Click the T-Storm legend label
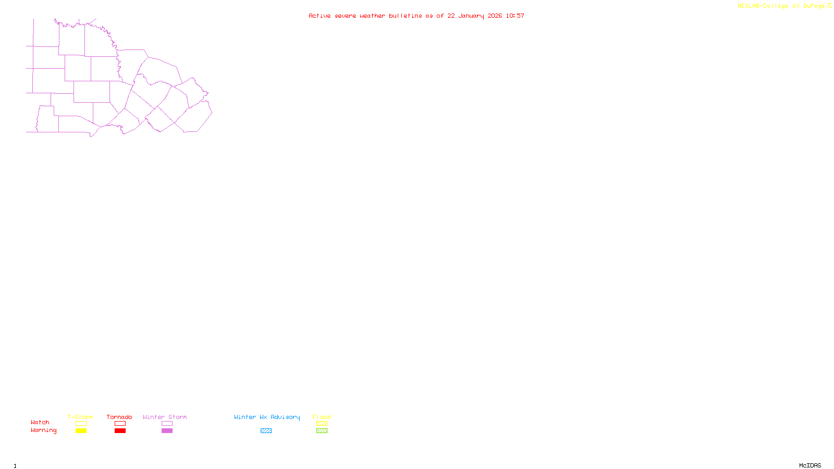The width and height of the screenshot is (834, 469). [x=80, y=417]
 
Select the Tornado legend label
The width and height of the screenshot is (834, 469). [x=119, y=417]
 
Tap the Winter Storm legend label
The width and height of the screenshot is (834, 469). [x=165, y=417]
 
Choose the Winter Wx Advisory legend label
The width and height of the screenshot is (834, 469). [x=267, y=417]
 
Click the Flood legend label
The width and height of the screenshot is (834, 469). [x=322, y=417]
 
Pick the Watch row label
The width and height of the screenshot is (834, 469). [x=40, y=422]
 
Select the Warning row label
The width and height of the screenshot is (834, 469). [x=43, y=430]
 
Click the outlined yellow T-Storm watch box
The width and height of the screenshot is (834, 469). [x=81, y=424]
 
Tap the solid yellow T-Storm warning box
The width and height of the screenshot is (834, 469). [x=81, y=431]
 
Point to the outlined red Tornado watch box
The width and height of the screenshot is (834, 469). [x=120, y=424]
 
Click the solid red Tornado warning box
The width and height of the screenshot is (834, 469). [x=120, y=431]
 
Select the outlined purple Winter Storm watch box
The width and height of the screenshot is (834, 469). [x=167, y=424]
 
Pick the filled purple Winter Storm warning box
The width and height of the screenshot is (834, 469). [x=167, y=431]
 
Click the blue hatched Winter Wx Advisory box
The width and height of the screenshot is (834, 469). [x=266, y=431]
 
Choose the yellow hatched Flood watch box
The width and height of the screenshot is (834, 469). [x=322, y=424]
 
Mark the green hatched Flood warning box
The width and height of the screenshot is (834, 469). [x=322, y=431]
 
